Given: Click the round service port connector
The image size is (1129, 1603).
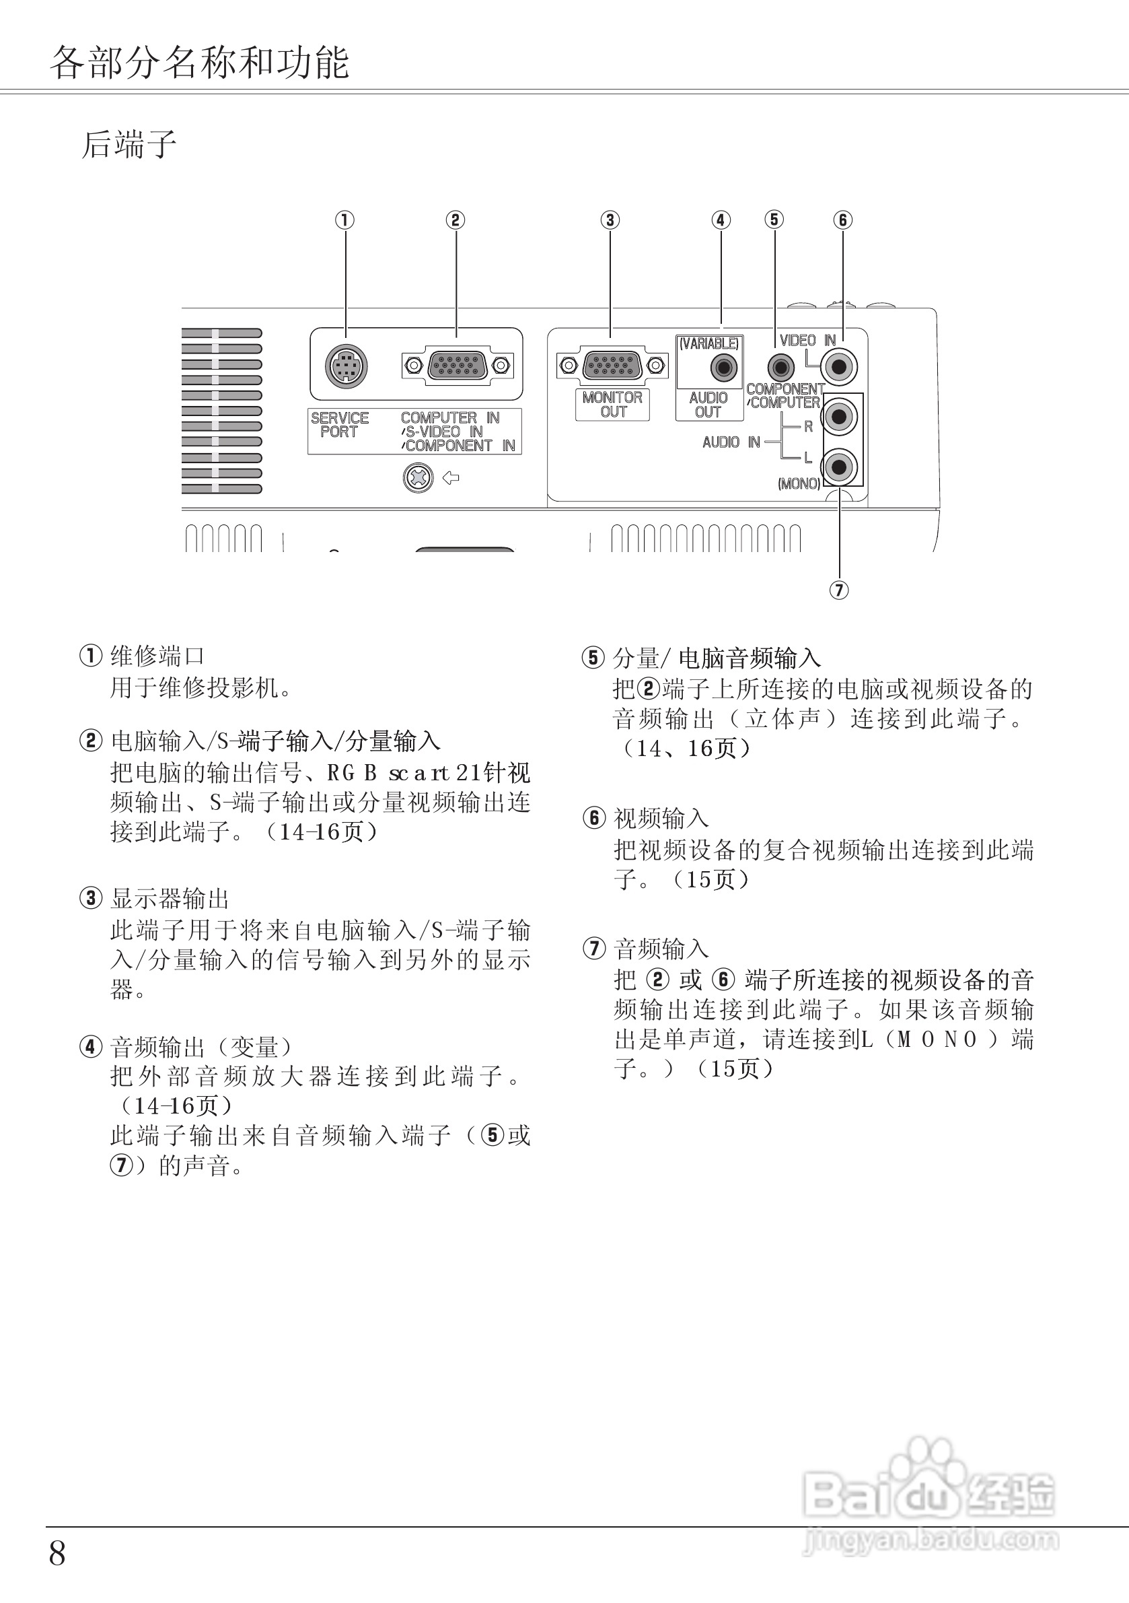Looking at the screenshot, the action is [x=346, y=366].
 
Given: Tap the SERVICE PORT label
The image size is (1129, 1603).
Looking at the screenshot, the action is [x=340, y=425].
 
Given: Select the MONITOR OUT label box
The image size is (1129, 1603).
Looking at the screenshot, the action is [x=613, y=404].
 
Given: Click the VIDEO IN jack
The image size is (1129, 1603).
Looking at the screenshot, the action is [x=840, y=366].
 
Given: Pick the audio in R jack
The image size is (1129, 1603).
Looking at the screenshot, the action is [x=840, y=417].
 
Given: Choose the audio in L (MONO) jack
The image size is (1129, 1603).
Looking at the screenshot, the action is [x=840, y=467].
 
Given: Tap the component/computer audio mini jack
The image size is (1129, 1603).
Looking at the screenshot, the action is [x=780, y=366].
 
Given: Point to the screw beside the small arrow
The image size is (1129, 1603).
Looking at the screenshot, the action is [x=418, y=478].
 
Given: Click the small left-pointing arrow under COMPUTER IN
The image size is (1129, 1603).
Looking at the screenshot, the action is [x=451, y=478].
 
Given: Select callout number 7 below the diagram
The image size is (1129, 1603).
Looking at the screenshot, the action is [x=839, y=590].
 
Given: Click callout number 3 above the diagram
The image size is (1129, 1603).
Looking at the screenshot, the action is [x=610, y=220].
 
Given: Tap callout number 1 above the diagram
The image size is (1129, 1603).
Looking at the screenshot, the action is [x=344, y=220].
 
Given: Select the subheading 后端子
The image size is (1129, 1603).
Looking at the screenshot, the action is [x=129, y=145].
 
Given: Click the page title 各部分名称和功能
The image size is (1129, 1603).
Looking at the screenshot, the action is [x=200, y=63].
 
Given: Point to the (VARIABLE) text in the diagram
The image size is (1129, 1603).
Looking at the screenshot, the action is [x=709, y=343].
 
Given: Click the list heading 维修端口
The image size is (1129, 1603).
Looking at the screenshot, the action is [x=157, y=656].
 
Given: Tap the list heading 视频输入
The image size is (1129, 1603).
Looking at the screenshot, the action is [x=661, y=817].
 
